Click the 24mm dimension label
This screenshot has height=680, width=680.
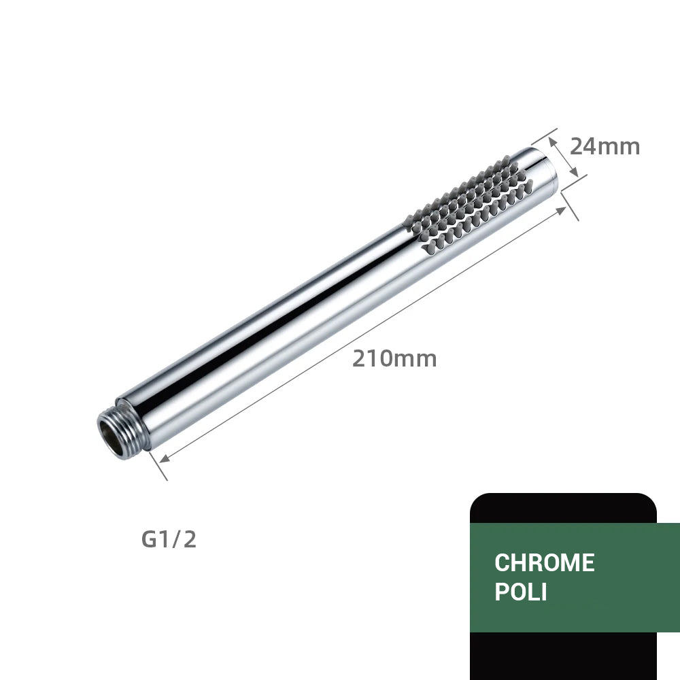point(605,146)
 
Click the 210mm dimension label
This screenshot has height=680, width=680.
point(394,358)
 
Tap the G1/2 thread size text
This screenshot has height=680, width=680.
point(169,539)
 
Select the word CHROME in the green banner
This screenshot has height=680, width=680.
point(544,563)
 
